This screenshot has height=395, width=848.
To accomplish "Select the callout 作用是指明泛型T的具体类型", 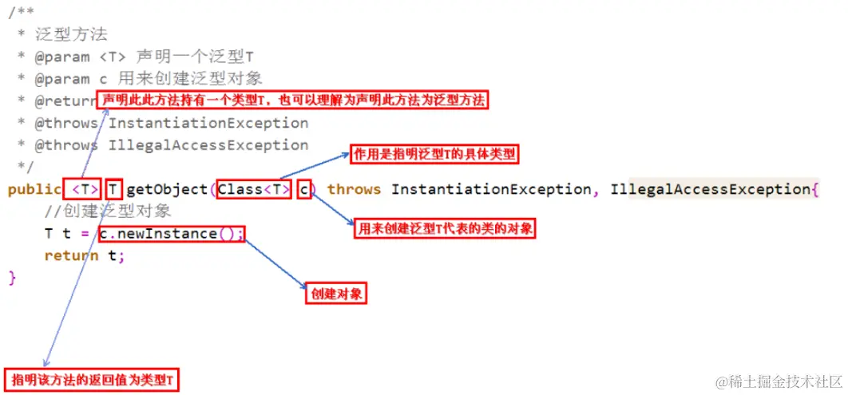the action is coord(434,155).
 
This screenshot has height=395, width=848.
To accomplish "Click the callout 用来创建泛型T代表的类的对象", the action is coord(445,229).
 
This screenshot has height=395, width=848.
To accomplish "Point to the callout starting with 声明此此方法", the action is coord(292,100).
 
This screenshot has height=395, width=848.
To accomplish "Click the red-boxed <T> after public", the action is coord(83,189).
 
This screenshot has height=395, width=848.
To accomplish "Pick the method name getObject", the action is coord(167,189).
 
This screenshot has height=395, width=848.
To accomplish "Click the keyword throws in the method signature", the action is coord(355,189).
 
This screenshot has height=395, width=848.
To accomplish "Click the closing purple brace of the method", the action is coord(12,278).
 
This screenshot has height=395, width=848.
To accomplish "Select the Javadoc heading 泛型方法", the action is coord(72,34).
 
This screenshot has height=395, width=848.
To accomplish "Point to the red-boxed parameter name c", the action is coord(304,189).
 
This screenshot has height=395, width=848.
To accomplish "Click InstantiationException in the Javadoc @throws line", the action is coord(208,123).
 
